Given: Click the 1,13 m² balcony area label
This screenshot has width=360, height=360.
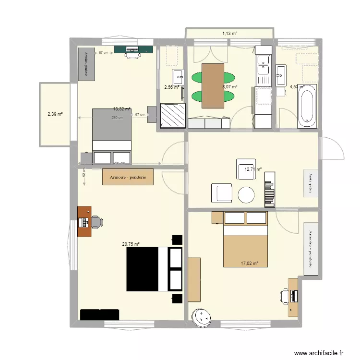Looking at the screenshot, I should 229,33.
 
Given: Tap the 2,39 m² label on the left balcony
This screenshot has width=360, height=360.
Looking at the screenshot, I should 55,114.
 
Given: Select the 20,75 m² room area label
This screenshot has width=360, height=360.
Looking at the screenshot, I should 131,244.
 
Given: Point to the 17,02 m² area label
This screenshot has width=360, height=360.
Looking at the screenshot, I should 250,263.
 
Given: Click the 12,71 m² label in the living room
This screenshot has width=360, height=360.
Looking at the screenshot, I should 253,169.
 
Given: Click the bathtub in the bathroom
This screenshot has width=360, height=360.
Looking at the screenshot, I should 306,106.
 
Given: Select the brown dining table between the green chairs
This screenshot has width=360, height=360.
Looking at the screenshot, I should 213,85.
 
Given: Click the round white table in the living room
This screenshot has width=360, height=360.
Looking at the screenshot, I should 247,194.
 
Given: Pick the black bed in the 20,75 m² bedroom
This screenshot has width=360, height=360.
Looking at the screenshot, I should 154,269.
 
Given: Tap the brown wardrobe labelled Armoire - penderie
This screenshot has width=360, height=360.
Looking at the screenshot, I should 128,177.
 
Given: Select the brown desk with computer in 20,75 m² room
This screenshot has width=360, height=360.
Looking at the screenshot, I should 84,221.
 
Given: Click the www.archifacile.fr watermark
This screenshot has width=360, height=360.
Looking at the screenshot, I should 319,352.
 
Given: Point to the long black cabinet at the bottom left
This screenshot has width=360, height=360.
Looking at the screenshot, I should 99,314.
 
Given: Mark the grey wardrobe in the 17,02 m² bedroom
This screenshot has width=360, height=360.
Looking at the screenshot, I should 311,249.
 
